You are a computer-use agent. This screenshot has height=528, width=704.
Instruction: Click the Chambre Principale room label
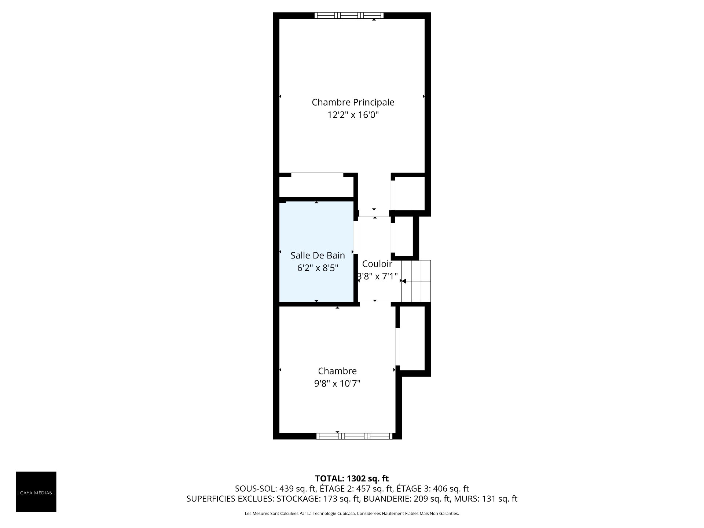[x=353, y=102]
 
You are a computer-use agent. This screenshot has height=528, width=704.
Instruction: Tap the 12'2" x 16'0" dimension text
[x=353, y=115]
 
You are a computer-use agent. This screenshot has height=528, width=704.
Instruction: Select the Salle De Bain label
[x=318, y=255]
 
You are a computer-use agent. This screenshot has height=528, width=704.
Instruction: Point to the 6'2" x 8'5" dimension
[x=318, y=268]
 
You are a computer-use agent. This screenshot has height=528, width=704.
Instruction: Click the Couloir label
[x=377, y=264]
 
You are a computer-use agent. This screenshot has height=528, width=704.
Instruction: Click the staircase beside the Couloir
[x=416, y=281]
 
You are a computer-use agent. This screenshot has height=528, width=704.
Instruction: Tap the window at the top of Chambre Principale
[x=349, y=15]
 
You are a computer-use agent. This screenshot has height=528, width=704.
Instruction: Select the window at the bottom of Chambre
[x=355, y=436]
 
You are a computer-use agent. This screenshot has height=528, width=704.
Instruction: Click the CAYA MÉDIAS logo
[x=36, y=492]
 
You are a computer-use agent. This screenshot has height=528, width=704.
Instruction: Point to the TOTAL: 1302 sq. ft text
[x=352, y=478]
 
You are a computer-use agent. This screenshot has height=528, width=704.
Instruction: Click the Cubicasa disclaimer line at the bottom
[x=352, y=514]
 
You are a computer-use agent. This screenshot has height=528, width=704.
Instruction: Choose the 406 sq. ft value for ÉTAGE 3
[x=451, y=489]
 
